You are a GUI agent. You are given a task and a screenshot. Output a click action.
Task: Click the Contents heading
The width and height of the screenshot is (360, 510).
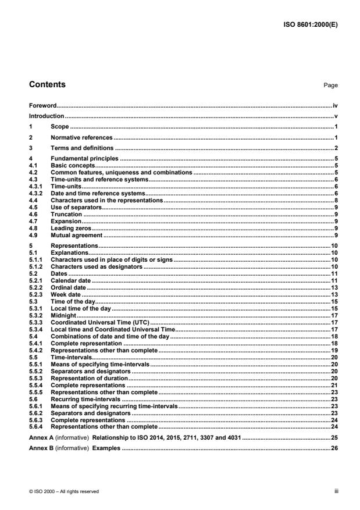click(47, 84)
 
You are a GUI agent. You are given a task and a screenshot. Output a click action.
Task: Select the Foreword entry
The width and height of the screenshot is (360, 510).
click(43, 106)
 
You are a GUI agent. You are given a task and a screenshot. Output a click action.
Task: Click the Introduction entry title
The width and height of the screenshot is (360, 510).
click(47, 116)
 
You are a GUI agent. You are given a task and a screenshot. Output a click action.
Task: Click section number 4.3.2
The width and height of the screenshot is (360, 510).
click(36, 192)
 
